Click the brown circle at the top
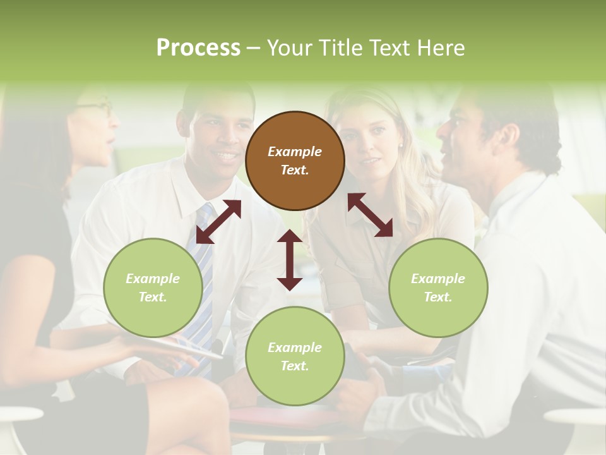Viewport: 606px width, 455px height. (295, 161)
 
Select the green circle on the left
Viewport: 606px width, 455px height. (153, 288)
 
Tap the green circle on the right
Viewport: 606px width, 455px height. (438, 288)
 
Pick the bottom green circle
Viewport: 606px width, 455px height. (295, 356)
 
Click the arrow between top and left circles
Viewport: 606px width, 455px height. (218, 222)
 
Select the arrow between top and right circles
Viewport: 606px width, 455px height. (371, 215)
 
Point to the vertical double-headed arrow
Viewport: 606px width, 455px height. (290, 260)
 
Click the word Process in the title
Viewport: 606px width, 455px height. (198, 47)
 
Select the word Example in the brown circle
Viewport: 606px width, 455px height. (295, 152)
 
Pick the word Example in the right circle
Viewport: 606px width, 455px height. (438, 279)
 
